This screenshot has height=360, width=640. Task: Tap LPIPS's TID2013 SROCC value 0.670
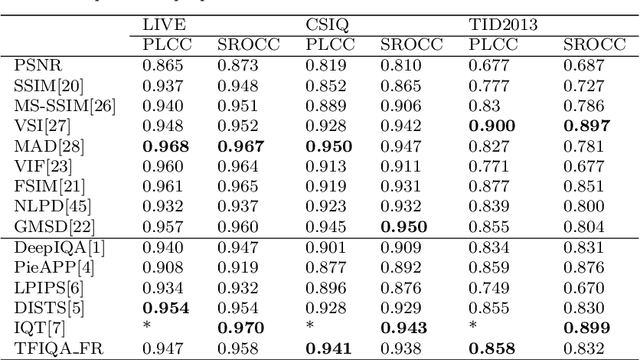(x=586, y=288)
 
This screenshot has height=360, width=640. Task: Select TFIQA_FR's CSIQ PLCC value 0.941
(x=326, y=349)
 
